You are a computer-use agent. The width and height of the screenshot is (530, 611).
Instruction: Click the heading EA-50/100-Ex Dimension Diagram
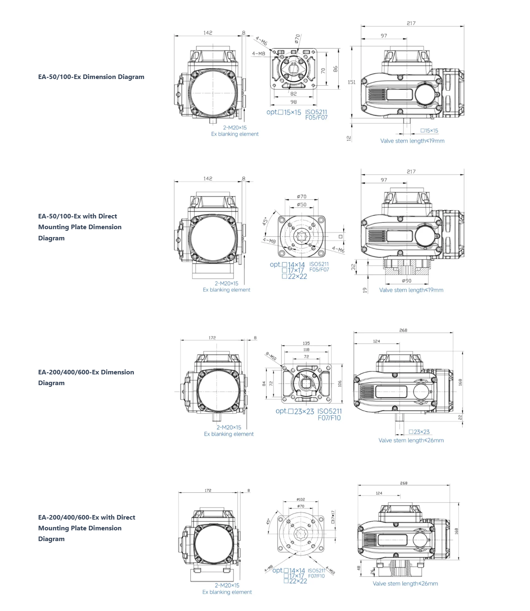91,77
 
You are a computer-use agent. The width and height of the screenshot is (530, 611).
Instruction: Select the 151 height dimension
352,82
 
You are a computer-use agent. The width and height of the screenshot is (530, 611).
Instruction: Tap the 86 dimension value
335,69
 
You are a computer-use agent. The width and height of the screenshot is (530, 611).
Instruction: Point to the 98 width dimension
294,102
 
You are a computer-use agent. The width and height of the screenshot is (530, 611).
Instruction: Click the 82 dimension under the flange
294,94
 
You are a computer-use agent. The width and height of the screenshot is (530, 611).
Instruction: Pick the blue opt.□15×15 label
284,112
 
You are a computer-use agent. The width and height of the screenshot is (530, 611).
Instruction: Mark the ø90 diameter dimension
407,280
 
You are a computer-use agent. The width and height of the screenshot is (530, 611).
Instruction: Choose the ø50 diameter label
302,204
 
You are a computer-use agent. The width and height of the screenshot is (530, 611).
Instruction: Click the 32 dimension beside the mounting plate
354,267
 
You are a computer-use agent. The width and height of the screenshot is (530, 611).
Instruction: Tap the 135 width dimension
306,343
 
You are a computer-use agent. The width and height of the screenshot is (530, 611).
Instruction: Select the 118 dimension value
306,350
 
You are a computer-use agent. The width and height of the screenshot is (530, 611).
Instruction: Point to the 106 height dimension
340,383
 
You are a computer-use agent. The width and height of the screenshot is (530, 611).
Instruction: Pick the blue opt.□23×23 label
295,411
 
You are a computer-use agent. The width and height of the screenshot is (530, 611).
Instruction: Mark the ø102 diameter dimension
301,499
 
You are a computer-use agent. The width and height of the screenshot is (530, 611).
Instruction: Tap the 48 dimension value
359,568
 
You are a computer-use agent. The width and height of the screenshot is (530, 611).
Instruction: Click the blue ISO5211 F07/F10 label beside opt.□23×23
330,415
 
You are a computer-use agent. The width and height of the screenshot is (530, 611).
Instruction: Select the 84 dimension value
264,384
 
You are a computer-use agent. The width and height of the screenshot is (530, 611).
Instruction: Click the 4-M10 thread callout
330,570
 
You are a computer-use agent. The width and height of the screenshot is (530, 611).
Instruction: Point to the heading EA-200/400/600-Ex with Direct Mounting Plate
87,528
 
